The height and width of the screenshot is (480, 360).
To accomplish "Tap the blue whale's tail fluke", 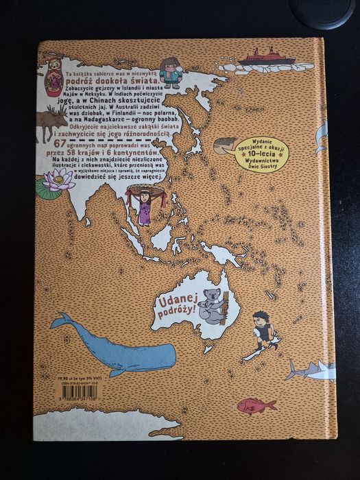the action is point(61,320).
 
